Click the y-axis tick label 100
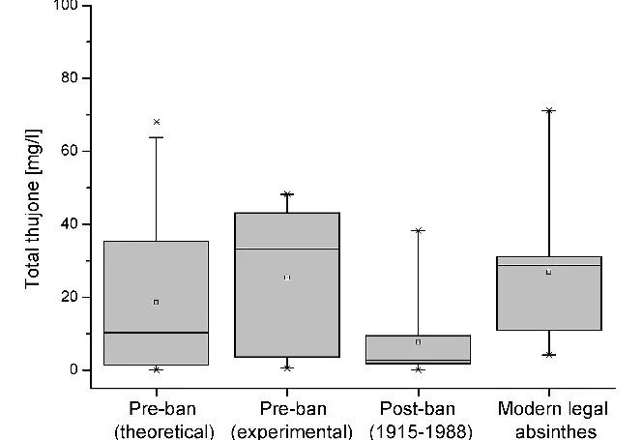(69, 8)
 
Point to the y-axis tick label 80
(72, 78)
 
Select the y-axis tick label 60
(72, 151)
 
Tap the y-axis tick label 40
(72, 224)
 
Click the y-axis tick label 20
(72, 297)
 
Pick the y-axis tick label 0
(75, 369)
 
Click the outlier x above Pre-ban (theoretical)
(157, 122)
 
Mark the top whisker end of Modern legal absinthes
(548, 110)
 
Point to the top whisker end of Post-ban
(418, 230)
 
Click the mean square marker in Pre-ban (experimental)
(287, 278)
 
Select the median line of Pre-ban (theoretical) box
(157, 333)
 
